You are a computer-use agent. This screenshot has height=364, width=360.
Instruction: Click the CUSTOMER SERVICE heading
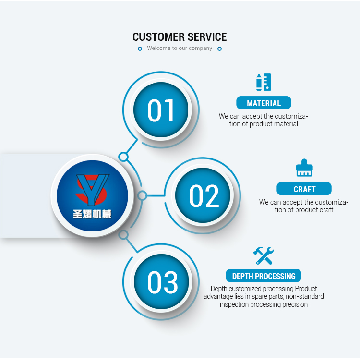(180, 37)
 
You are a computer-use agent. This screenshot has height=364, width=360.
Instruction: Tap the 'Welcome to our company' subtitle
(180, 49)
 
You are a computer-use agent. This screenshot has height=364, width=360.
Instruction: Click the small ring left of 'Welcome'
(140, 49)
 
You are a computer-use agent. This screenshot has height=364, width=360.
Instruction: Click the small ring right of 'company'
(219, 49)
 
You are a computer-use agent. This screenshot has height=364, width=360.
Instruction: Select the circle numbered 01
(162, 110)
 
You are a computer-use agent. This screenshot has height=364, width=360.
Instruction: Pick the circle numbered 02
(204, 195)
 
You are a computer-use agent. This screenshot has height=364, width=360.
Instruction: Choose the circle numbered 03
(162, 282)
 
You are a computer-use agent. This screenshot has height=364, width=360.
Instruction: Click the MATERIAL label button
(264, 103)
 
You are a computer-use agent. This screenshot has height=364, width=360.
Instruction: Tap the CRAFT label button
(304, 189)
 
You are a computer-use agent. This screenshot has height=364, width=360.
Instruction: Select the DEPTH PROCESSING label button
(264, 276)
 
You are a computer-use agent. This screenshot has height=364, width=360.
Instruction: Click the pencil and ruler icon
(264, 82)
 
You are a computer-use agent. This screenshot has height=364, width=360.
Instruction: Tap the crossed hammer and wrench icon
(264, 255)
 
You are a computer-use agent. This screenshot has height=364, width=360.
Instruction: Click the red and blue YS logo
(92, 188)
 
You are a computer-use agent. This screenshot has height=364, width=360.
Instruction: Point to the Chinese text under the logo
(92, 214)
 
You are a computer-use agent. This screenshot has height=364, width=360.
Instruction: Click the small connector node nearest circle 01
(123, 157)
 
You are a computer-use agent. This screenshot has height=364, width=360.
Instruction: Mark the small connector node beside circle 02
(142, 195)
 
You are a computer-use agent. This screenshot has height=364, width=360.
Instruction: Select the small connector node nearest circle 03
(123, 234)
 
